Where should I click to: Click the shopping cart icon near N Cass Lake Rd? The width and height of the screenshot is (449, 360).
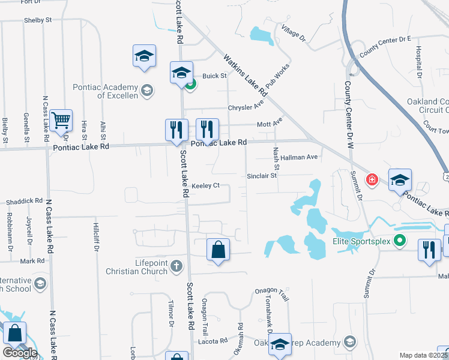61,121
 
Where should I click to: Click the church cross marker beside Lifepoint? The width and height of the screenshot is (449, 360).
176,265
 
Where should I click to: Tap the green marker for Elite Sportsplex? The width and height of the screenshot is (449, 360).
398,241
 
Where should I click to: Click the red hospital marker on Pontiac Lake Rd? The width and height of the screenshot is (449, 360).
372,179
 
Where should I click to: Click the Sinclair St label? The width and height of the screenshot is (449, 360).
261,176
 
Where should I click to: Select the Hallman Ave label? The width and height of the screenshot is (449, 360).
299,157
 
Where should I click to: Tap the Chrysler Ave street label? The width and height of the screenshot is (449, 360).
246,107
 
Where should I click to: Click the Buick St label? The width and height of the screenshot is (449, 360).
214,76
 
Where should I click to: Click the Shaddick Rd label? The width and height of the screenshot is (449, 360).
25,201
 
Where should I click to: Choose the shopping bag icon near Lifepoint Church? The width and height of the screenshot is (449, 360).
218,250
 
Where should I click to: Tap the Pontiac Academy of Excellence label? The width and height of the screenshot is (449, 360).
106,91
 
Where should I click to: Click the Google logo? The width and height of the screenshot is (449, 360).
20,353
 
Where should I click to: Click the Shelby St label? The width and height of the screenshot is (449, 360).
38,20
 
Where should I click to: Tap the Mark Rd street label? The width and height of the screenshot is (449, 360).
32,261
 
